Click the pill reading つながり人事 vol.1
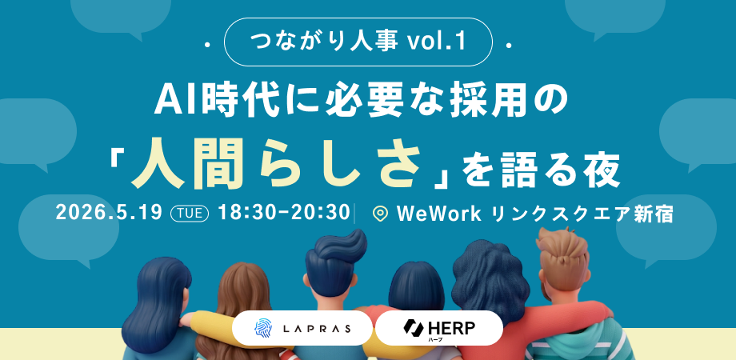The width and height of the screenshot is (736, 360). tap(358, 42)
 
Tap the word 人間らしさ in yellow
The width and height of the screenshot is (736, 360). tap(274, 169)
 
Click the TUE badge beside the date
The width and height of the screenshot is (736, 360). tap(190, 214)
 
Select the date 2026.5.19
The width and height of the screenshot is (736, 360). tap(109, 214)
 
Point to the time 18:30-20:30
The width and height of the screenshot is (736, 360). tap(285, 214)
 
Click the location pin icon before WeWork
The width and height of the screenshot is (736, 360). tap(380, 214)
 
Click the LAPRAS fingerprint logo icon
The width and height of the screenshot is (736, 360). tap(263, 328)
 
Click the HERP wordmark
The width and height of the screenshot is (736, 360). tap(450, 327)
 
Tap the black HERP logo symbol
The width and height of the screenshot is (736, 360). tap(413, 327)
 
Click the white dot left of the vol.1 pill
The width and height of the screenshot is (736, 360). tap(207, 46)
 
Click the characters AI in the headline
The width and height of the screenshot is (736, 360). tap(173, 101)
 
